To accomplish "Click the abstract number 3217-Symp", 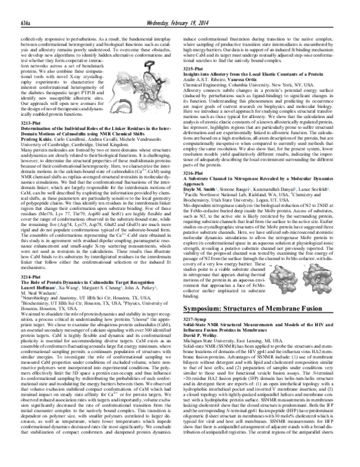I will [x=196, y=333].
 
